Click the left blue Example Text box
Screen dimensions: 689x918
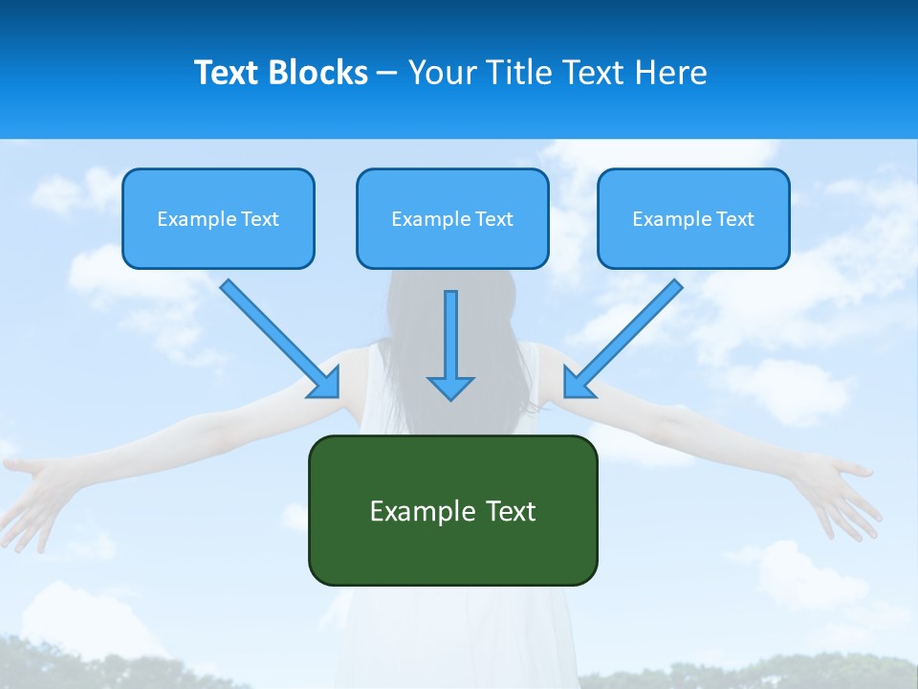click(218, 218)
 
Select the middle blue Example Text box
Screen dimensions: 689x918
click(452, 218)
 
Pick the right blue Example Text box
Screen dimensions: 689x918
click(693, 218)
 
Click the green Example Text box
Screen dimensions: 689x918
click(452, 510)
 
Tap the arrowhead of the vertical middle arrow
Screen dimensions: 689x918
click(450, 388)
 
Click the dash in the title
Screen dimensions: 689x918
click(387, 73)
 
